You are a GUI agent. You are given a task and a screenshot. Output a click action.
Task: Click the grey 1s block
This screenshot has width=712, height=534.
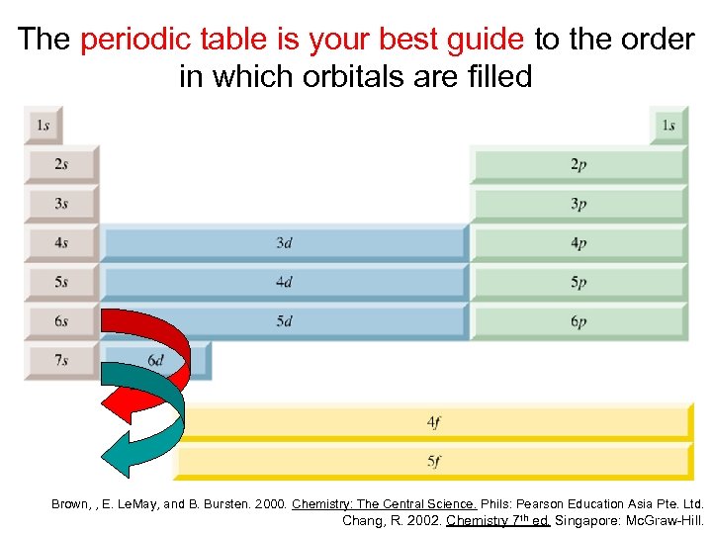coord(43,126)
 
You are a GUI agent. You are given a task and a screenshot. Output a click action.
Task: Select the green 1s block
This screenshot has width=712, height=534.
coord(668,126)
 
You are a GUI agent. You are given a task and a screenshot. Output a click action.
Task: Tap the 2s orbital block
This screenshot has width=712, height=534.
coord(61,164)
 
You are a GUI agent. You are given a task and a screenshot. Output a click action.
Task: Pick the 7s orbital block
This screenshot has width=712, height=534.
coord(61,361)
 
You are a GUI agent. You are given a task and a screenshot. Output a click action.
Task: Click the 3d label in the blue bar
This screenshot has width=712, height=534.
coord(284,242)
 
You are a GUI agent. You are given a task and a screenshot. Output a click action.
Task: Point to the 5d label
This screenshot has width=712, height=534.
coord(284,321)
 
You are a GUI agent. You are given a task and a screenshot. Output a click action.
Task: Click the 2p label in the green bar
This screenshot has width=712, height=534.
coord(578,164)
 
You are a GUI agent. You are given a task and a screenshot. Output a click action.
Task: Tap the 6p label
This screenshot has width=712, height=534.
coord(578,321)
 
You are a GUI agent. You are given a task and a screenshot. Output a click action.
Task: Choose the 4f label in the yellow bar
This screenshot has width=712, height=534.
coord(433,422)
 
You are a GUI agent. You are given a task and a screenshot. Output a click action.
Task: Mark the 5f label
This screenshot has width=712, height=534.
coord(433,461)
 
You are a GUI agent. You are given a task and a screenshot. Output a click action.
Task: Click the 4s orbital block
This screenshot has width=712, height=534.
coord(61,242)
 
